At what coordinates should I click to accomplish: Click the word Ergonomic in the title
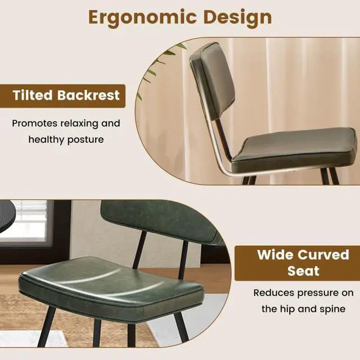(131, 17)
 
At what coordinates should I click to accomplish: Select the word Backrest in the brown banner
(88, 95)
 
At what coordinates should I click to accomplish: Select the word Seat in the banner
(303, 271)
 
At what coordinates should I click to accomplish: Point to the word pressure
(312, 292)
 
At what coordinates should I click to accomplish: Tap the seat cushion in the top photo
(295, 145)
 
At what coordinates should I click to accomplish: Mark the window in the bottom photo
(25, 222)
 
